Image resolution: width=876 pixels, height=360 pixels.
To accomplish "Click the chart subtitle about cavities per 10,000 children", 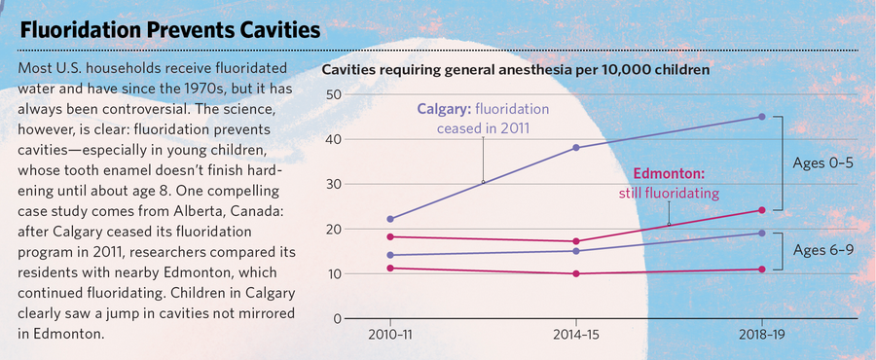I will [516, 71].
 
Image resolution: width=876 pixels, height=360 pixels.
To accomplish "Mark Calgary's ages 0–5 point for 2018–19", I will [761, 117].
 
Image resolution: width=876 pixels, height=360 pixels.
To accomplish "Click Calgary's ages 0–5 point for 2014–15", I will [576, 147].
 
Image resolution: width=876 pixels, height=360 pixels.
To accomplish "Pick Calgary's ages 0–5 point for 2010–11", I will [390, 219].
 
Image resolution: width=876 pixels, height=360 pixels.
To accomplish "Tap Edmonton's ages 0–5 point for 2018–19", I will [761, 210].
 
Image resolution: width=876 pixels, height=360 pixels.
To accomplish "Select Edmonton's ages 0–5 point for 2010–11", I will [390, 236].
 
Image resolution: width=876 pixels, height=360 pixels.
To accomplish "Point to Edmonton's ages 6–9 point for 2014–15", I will [576, 273].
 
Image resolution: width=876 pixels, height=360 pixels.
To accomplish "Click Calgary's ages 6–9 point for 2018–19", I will [761, 233].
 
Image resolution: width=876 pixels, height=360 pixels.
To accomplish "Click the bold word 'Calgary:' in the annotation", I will [445, 109].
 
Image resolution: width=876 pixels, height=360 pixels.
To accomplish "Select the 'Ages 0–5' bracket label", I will [821, 163].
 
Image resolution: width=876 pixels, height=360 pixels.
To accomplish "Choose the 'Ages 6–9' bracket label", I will [821, 251].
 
